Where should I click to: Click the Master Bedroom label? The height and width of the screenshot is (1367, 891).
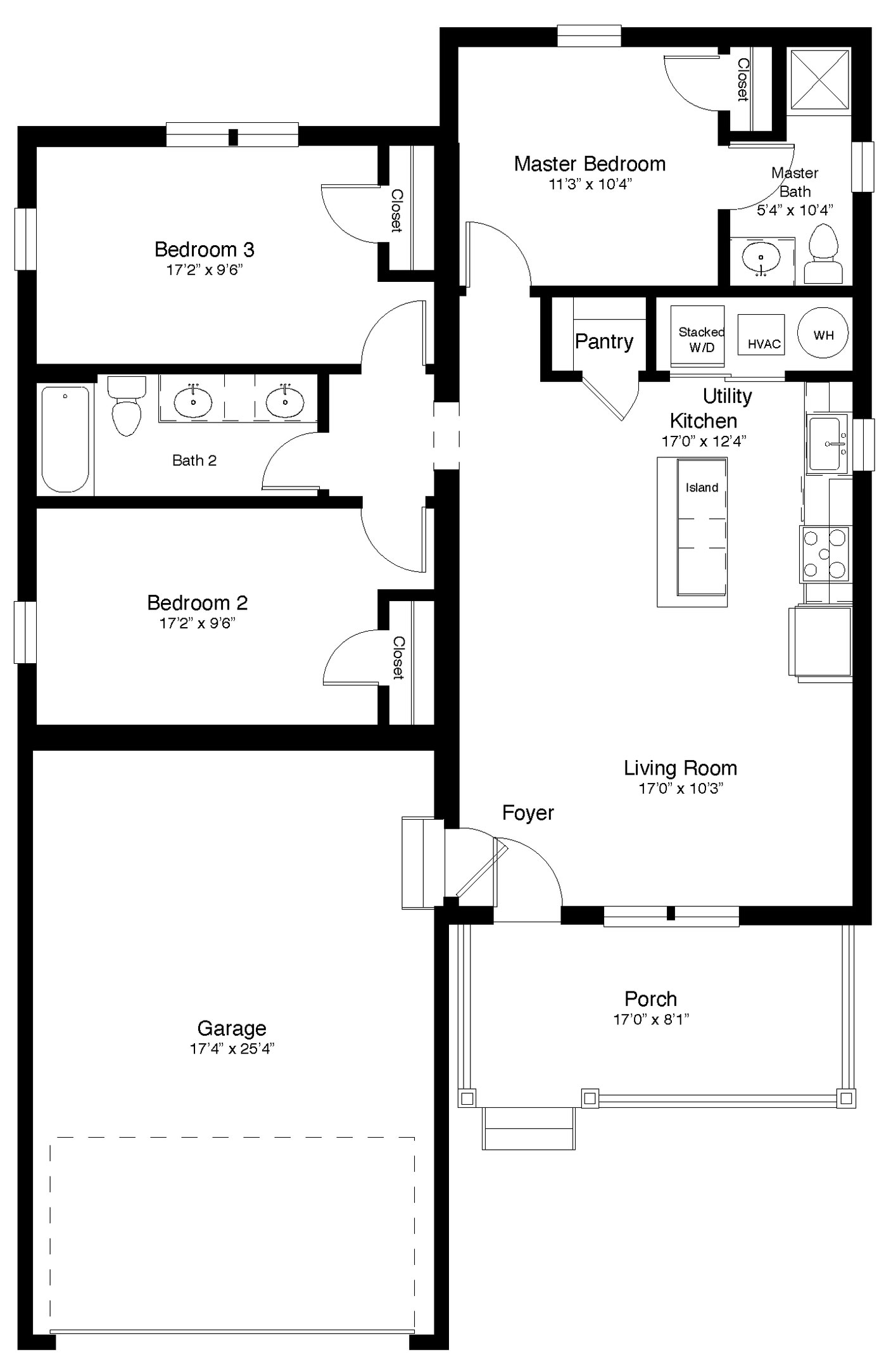[589, 164]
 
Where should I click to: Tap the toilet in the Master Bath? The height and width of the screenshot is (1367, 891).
[823, 253]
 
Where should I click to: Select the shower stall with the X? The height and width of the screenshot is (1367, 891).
[820, 80]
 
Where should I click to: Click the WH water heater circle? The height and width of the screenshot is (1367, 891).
[823, 334]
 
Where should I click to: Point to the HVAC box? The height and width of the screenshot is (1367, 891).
[761, 335]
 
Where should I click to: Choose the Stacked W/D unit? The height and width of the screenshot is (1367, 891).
[697, 336]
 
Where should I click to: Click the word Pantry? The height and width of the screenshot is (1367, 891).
[603, 342]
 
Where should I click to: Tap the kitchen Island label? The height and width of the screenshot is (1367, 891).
[702, 488]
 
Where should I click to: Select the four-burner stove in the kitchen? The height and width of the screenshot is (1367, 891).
[825, 554]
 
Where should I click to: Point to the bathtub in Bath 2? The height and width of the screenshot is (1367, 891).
[65, 438]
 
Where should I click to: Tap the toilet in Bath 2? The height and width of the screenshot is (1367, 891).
[127, 405]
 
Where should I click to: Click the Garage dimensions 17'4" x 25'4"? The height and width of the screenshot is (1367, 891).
[232, 1048]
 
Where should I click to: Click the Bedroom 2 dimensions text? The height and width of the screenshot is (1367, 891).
[197, 623]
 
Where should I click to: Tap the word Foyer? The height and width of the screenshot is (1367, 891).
[528, 813]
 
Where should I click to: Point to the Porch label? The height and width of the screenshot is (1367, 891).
[650, 999]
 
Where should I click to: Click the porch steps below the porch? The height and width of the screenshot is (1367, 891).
[528, 1128]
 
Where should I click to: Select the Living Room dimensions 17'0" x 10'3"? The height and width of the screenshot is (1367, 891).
[681, 789]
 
